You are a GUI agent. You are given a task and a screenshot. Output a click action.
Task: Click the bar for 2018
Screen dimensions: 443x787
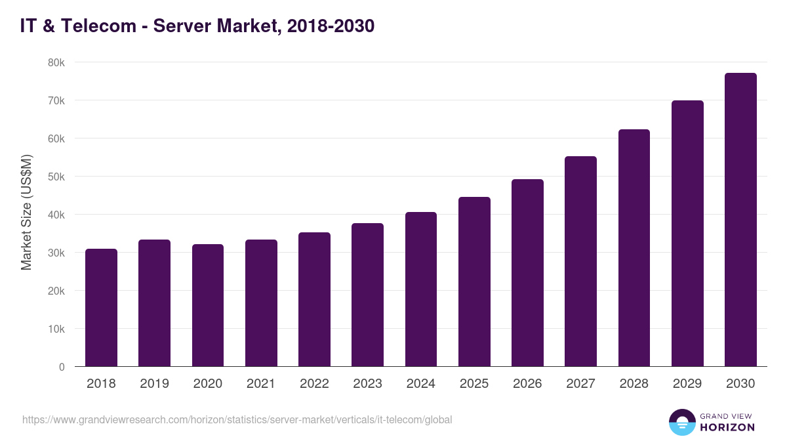pyautogui.click(x=101, y=308)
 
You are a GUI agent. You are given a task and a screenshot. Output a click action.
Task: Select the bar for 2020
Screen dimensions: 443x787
pyautogui.click(x=208, y=305)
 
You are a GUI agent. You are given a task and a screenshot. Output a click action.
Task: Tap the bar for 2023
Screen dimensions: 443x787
pyautogui.click(x=367, y=295)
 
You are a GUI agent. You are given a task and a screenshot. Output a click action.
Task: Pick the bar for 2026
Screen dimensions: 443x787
pyautogui.click(x=527, y=272)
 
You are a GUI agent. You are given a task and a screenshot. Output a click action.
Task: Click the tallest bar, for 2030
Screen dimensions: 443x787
pyautogui.click(x=740, y=220)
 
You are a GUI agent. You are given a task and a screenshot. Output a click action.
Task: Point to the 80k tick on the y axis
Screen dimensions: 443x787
pyautogui.click(x=56, y=62)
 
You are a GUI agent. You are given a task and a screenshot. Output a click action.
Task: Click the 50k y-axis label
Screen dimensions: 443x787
pyautogui.click(x=56, y=177)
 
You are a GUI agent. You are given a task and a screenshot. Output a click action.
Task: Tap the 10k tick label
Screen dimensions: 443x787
pyautogui.click(x=56, y=329)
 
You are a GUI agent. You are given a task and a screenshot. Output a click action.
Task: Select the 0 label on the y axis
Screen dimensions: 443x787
pyautogui.click(x=62, y=367)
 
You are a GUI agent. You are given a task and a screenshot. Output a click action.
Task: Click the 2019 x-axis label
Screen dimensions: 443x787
pyautogui.click(x=154, y=384)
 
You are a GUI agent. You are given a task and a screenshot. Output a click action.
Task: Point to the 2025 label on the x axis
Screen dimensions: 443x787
pyautogui.click(x=474, y=384)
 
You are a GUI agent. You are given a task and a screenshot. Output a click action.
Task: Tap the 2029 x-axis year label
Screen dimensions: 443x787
pyautogui.click(x=687, y=384)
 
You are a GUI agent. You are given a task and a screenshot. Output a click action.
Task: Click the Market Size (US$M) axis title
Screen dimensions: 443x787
pyautogui.click(x=26, y=213)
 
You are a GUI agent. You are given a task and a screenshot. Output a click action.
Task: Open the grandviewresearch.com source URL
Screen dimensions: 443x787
pyautogui.click(x=237, y=419)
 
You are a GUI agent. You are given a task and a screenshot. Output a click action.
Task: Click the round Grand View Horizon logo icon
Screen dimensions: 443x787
pyautogui.click(x=681, y=422)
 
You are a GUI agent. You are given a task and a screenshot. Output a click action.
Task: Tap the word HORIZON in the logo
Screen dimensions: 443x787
pyautogui.click(x=727, y=427)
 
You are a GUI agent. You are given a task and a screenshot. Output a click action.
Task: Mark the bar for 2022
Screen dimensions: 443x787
pyautogui.click(x=314, y=299)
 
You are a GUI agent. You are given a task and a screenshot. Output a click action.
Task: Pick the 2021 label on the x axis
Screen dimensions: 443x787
pyautogui.click(x=261, y=384)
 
